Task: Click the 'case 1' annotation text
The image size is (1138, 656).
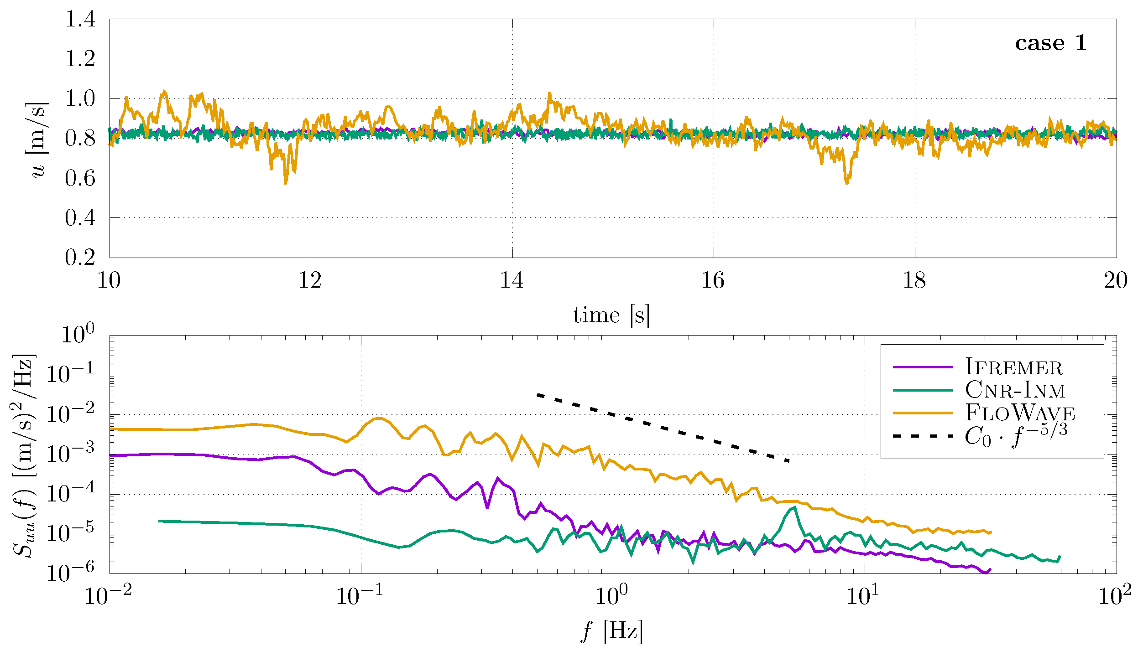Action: click(1050, 43)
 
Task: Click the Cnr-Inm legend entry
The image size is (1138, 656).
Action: click(1015, 390)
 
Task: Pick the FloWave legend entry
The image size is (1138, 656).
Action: click(1020, 413)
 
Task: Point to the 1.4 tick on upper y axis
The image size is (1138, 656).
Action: click(80, 19)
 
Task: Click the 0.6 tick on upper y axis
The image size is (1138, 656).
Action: click(80, 178)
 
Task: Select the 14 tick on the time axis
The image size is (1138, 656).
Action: click(512, 280)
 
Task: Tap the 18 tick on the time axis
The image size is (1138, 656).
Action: click(914, 280)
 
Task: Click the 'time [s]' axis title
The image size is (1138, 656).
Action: click(611, 315)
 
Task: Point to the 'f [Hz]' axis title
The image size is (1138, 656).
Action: click(611, 631)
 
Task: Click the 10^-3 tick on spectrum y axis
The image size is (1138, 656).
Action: click(71, 454)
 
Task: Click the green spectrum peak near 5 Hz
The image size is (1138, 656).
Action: click(794, 507)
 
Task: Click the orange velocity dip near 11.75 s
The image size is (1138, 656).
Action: click(286, 182)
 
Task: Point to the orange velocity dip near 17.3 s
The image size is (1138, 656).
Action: click(846, 182)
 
